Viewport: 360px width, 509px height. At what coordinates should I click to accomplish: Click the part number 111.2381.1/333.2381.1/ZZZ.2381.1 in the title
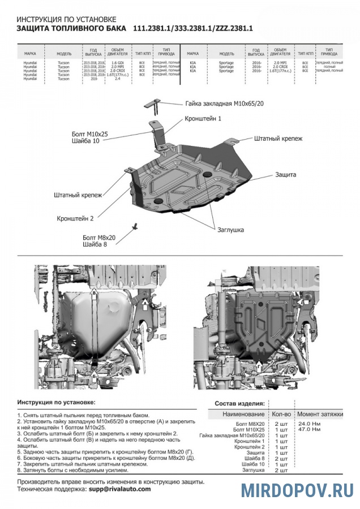click(192, 28)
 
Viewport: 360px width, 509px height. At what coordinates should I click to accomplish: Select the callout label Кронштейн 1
click(203, 119)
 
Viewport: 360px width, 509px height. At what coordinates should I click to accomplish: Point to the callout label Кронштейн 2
click(75, 218)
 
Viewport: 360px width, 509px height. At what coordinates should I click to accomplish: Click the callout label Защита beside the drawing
click(286, 175)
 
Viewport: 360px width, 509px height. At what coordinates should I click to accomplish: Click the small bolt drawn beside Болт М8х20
click(135, 226)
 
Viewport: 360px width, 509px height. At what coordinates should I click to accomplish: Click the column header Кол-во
click(281, 415)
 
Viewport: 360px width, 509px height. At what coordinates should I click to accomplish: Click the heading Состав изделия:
click(239, 404)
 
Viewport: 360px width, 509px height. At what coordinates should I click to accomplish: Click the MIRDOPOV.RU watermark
click(297, 490)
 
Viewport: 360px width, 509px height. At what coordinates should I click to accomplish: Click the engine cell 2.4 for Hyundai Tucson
click(117, 79)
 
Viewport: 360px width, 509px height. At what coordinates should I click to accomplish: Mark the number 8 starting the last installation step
click(19, 470)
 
